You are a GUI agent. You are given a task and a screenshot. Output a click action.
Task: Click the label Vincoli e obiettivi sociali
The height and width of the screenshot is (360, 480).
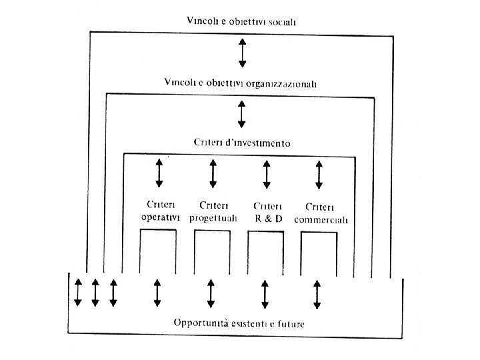click(x=242, y=22)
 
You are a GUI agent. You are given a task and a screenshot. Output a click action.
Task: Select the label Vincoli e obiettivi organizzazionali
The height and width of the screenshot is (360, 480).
click(x=242, y=84)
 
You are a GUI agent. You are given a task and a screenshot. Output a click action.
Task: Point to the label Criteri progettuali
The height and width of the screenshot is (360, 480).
click(x=212, y=213)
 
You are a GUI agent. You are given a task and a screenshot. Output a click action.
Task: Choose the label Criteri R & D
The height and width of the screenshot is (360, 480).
click(x=267, y=213)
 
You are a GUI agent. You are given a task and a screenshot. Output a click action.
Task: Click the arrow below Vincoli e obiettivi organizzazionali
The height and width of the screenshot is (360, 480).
click(x=242, y=113)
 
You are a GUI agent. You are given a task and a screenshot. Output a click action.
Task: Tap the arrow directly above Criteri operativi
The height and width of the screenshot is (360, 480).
click(x=159, y=173)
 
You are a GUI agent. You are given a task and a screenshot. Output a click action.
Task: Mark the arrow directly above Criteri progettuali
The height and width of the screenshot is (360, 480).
click(x=213, y=173)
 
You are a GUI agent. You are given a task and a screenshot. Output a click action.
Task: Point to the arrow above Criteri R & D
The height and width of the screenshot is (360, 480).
click(x=267, y=173)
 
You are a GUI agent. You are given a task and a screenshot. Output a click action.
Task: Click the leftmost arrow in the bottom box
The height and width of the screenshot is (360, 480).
click(x=78, y=293)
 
